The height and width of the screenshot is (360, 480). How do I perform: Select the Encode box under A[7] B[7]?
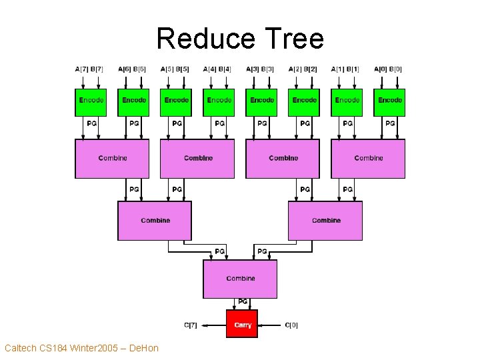coord(91,101)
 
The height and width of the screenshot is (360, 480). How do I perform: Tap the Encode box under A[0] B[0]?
coord(389,101)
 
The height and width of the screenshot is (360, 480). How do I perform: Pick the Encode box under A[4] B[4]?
coord(219,101)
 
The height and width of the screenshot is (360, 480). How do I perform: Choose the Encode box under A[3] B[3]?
coord(262,101)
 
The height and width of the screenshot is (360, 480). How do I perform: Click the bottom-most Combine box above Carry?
coord(240,279)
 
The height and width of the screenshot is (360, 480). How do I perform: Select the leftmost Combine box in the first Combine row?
coord(112,159)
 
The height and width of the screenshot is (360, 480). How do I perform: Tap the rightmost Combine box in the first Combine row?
coord(368,159)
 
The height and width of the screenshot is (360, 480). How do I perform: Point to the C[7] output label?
coord(191,325)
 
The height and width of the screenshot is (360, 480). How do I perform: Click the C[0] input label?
coord(291,325)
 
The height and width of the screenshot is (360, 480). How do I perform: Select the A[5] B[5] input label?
coord(175,69)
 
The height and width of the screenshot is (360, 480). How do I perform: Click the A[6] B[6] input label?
coord(132,69)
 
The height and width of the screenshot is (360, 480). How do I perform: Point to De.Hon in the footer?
coord(143,348)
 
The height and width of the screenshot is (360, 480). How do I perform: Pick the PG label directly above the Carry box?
coord(243,302)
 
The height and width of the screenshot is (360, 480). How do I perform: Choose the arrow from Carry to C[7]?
coord(213,325)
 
